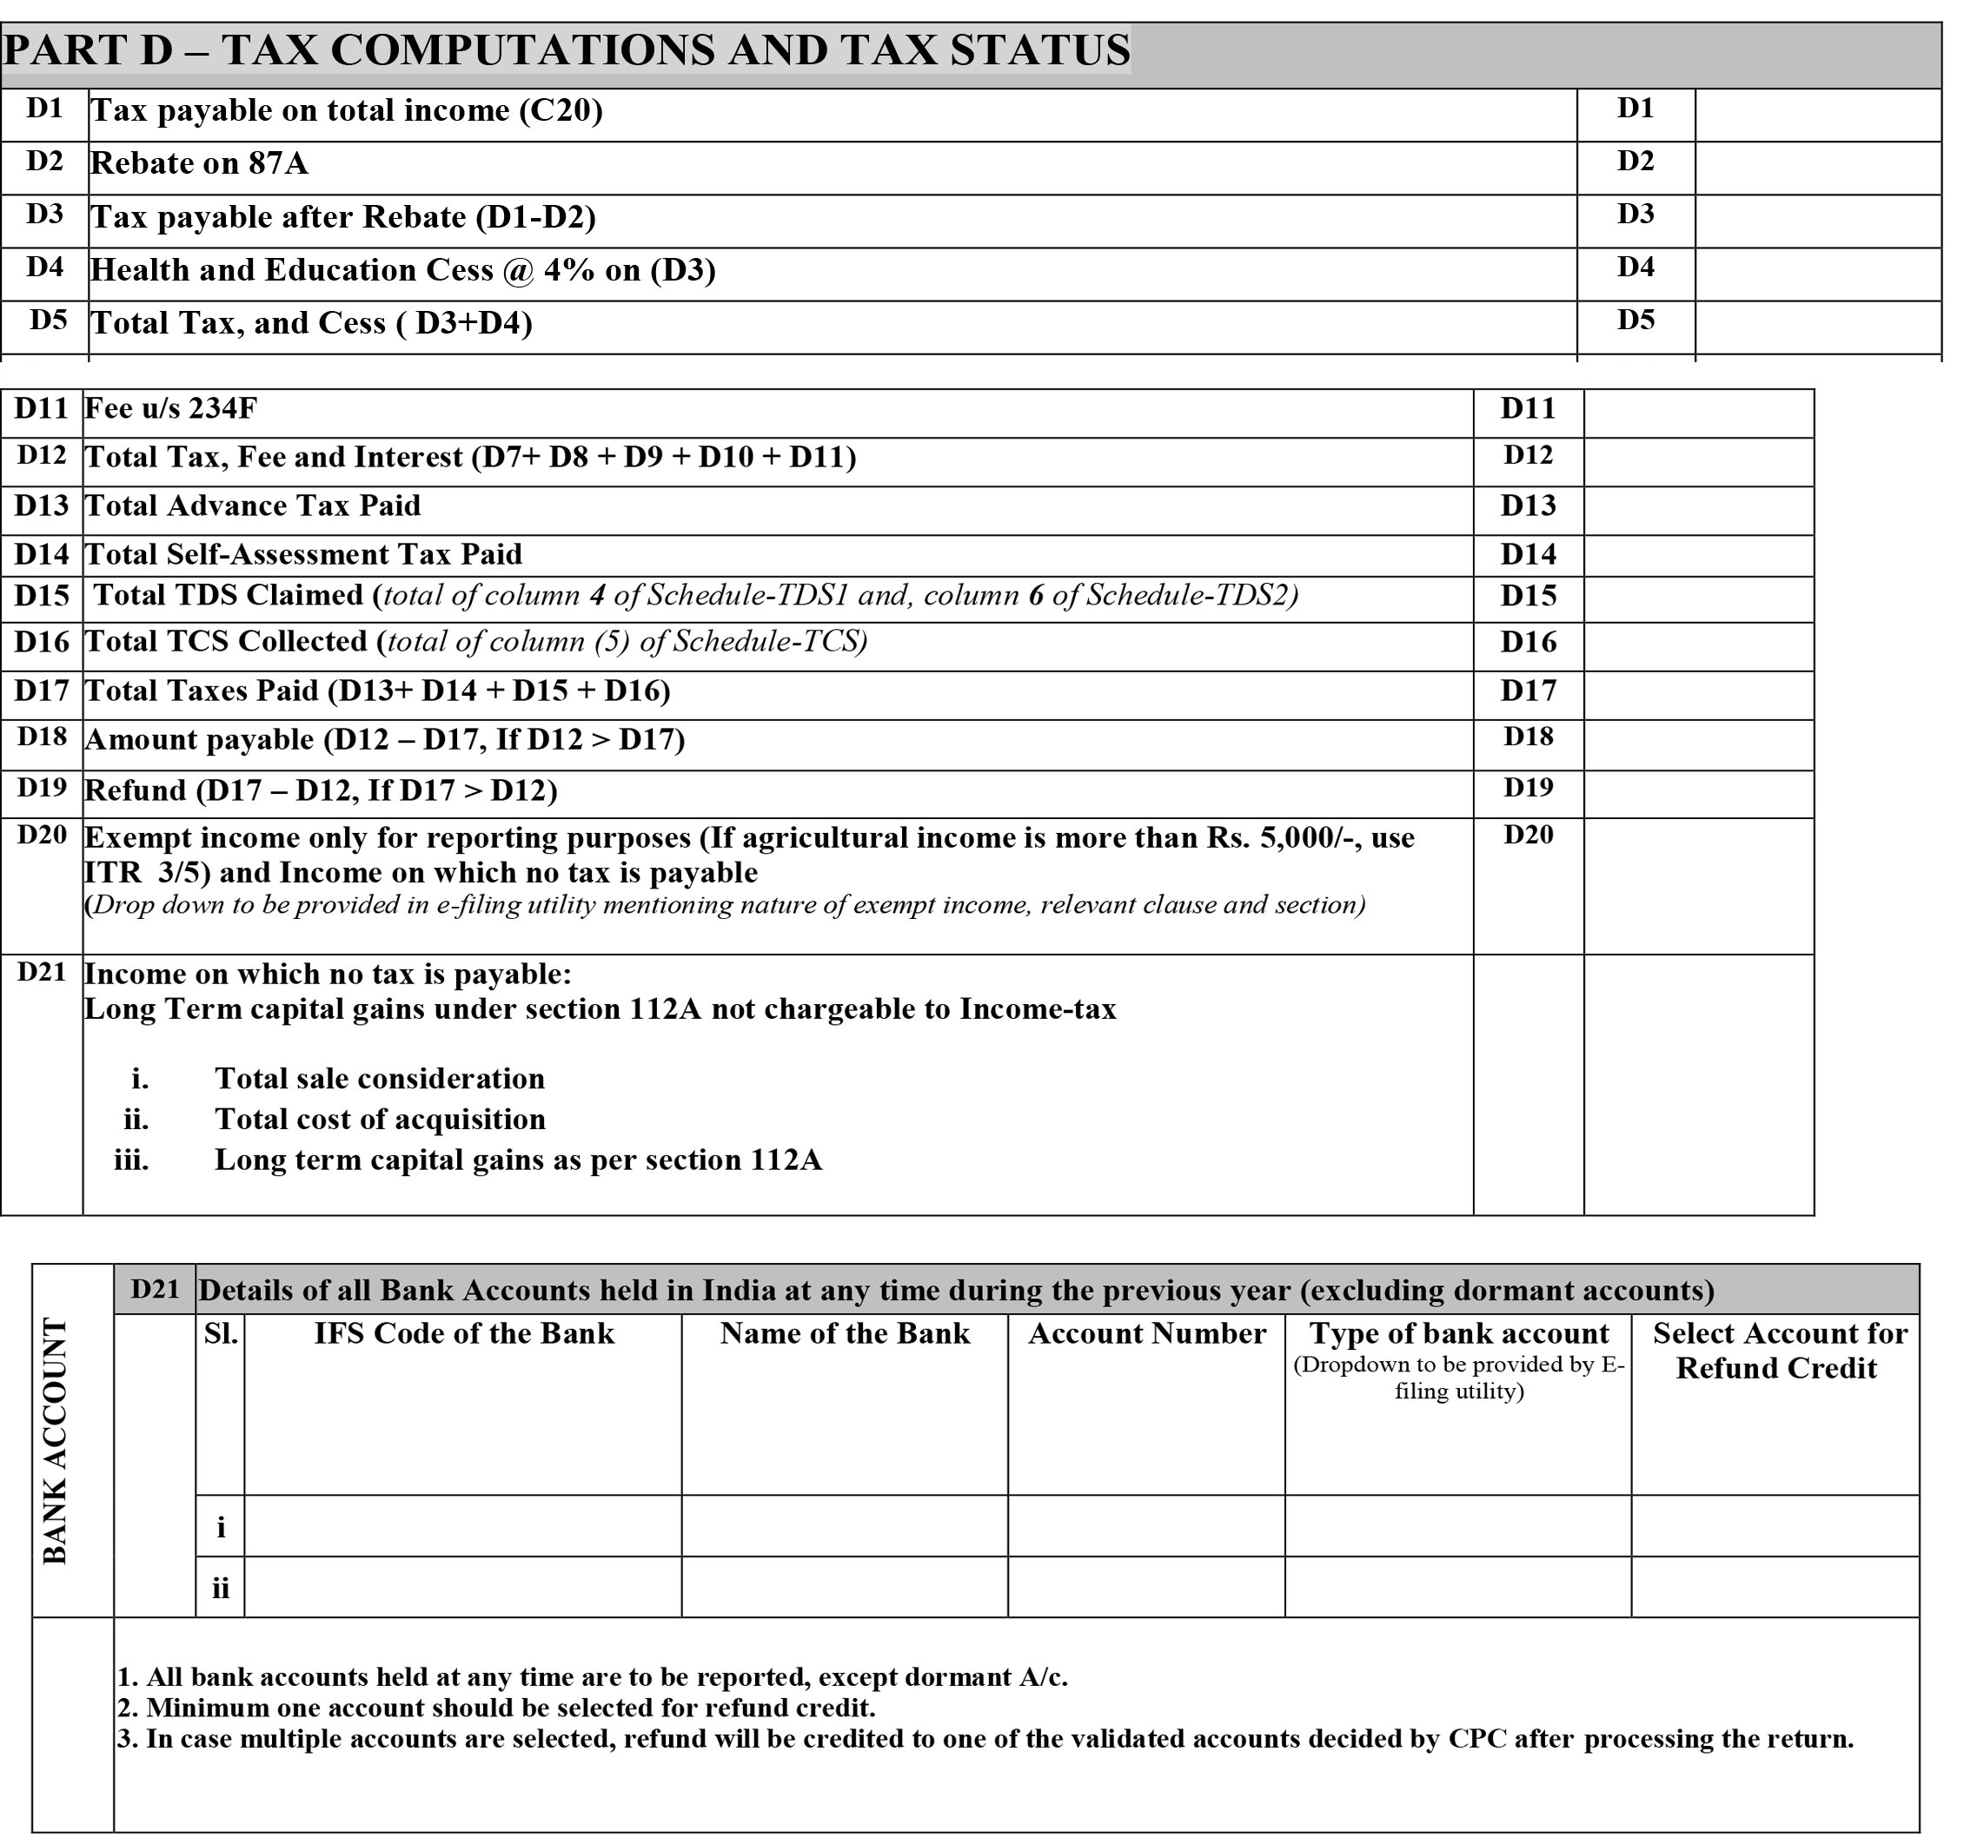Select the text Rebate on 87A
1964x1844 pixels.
pyautogui.click(x=199, y=163)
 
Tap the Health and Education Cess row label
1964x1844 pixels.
pyautogui.click(x=402, y=271)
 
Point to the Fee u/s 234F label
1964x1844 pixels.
pyautogui.click(x=171, y=408)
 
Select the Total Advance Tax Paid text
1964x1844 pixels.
pyautogui.click(x=253, y=506)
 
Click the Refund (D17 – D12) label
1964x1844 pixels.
pyautogui.click(x=320, y=791)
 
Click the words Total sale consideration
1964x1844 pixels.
pyautogui.click(x=380, y=1079)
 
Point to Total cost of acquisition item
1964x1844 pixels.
pyautogui.click(x=380, y=1119)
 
